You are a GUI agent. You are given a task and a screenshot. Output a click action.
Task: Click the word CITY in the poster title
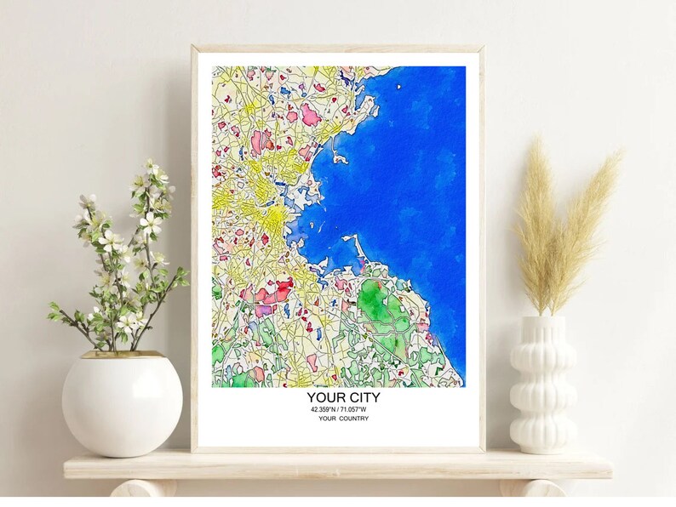(x=361, y=397)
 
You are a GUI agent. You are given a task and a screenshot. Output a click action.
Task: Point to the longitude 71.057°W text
(x=360, y=410)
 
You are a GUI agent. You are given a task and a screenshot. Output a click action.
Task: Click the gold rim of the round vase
(x=122, y=354)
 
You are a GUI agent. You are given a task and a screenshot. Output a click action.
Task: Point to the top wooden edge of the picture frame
(x=338, y=48)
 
